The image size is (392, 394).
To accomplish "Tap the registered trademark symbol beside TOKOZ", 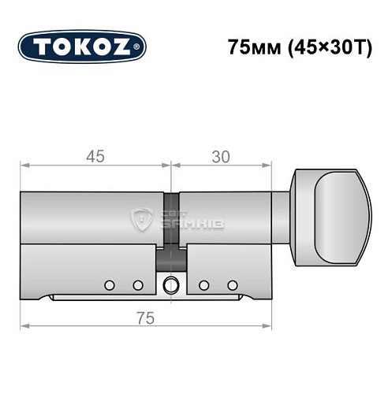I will pyautogui.click(x=141, y=48).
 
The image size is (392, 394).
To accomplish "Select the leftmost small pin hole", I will pyautogui.click(x=110, y=284).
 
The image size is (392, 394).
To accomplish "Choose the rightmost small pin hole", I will pyautogui.click(x=232, y=284).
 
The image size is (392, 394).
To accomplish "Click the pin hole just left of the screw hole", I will pyautogui.click(x=137, y=284).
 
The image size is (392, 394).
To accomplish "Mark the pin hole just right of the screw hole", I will pyautogui.click(x=203, y=284).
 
